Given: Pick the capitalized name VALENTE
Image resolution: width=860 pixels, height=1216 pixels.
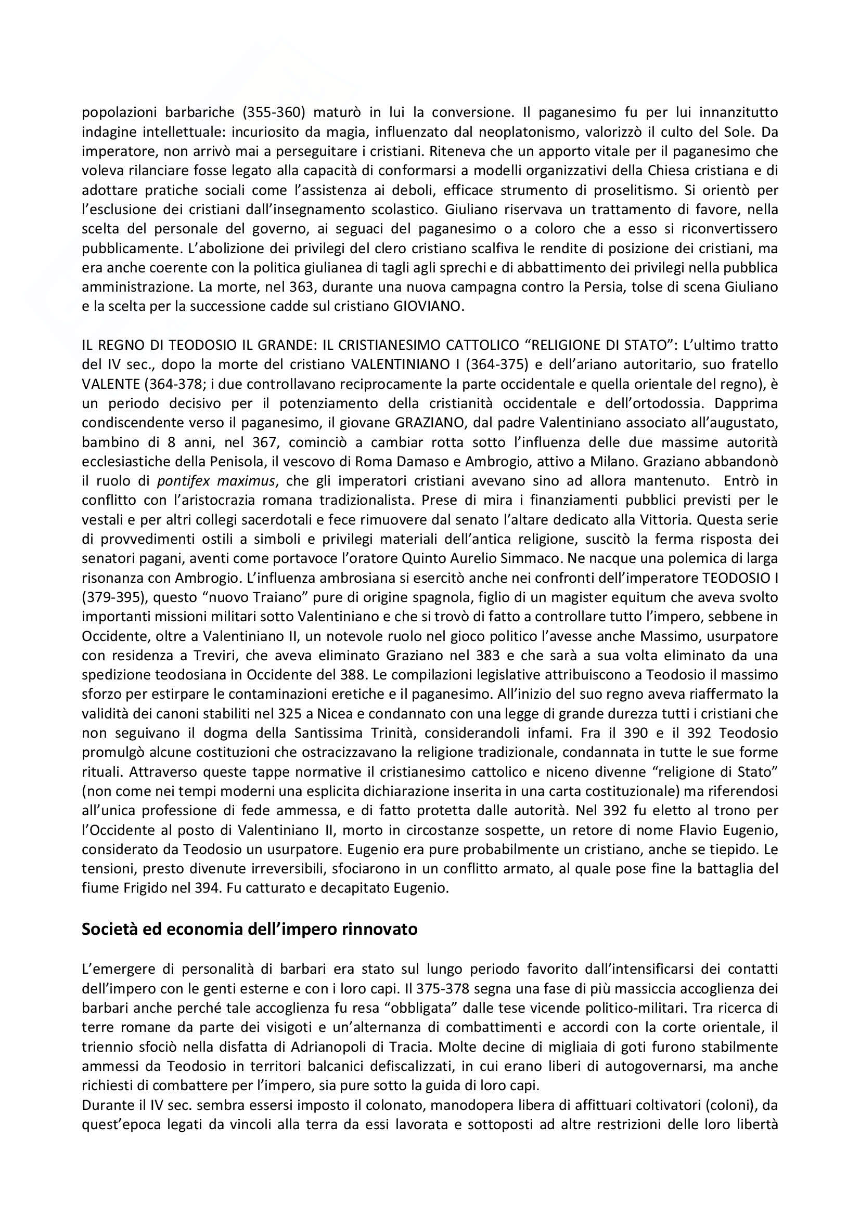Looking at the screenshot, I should (113, 384).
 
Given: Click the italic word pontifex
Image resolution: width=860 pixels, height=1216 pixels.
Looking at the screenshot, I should (184, 480).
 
